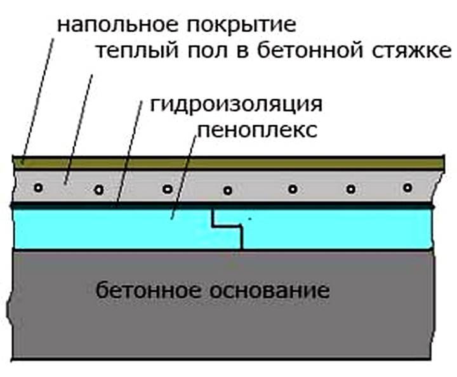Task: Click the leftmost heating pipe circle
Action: tap(39, 188)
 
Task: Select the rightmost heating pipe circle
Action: tap(407, 188)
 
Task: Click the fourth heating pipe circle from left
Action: tap(227, 189)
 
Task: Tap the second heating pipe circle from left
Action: tap(98, 189)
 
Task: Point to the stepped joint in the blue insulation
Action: tap(228, 226)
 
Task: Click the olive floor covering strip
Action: tap(254, 163)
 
